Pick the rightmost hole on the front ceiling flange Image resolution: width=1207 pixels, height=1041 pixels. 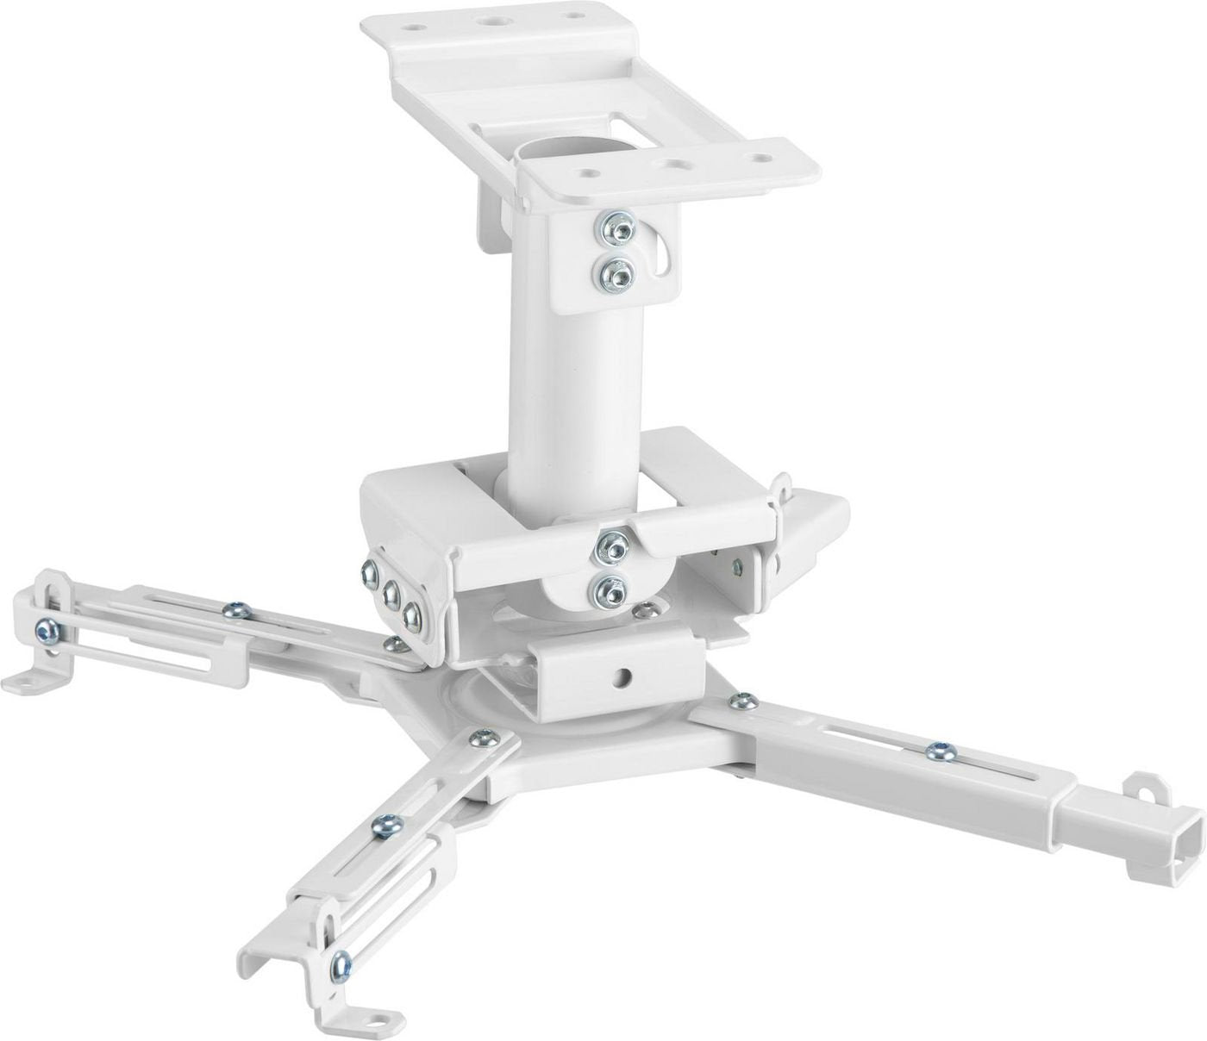[x=759, y=158]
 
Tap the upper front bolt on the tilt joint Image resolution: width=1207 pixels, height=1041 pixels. [x=614, y=545]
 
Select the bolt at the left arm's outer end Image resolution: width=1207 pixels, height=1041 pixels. [x=45, y=628]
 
